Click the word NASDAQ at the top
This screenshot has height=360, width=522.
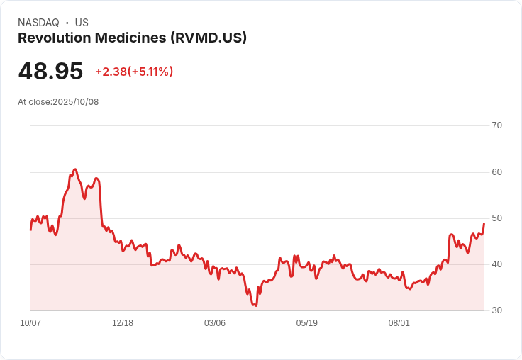click(x=38, y=23)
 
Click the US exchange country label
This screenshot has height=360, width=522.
click(x=82, y=23)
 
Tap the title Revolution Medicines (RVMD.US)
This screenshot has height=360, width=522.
click(x=132, y=38)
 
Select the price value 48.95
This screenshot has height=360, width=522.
click(x=50, y=71)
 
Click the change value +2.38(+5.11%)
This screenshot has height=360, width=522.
click(x=134, y=72)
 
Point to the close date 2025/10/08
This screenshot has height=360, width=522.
click(x=75, y=102)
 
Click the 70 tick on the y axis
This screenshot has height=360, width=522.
click(x=496, y=125)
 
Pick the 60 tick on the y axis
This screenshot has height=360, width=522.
click(x=496, y=171)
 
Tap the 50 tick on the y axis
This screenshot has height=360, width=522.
click(x=496, y=218)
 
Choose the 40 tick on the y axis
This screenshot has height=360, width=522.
click(x=496, y=264)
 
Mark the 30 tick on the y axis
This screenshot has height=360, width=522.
click(x=496, y=310)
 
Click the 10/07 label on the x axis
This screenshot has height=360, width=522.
click(x=30, y=323)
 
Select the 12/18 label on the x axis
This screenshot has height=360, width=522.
click(x=123, y=323)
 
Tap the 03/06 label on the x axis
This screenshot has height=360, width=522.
click(x=215, y=323)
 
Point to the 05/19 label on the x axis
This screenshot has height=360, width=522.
click(x=307, y=323)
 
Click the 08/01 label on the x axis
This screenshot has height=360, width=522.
click(x=399, y=323)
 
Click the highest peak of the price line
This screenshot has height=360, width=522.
click(x=74, y=170)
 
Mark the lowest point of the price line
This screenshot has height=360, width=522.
click(x=255, y=305)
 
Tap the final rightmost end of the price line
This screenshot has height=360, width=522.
click(x=484, y=224)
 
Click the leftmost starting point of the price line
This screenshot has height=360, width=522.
click(x=30, y=230)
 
